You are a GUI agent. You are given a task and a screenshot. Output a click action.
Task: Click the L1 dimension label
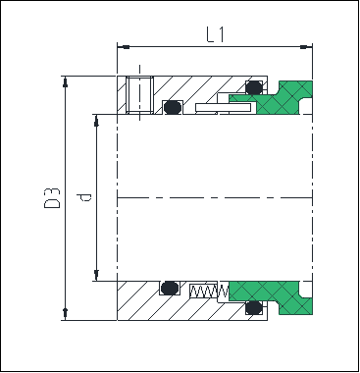[x=216, y=34]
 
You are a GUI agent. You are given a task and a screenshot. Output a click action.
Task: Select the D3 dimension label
[x=52, y=198]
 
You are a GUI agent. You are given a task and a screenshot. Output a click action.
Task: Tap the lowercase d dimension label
[x=83, y=197]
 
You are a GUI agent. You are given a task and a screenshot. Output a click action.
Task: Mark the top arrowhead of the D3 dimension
[x=66, y=81]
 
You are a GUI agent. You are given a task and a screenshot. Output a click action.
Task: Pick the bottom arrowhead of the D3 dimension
[x=66, y=314]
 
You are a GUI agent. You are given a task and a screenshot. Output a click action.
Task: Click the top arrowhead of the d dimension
[x=96, y=121]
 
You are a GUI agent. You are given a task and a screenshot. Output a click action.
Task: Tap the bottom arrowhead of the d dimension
[x=96, y=275]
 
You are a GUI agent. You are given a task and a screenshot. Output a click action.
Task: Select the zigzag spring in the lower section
[x=209, y=291]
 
